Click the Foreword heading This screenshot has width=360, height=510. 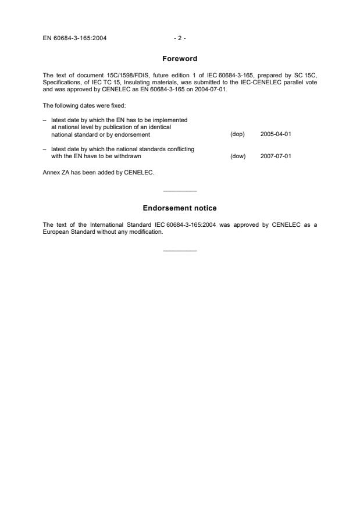180,59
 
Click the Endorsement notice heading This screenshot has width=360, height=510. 180,208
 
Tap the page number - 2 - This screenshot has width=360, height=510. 180,39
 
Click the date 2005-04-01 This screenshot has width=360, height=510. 276,134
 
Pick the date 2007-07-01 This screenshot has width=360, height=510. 276,156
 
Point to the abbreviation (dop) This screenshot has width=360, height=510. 237,134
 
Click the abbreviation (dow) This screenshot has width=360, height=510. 238,156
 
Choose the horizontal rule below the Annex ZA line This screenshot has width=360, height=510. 180,191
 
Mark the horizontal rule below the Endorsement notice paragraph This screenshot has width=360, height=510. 180,251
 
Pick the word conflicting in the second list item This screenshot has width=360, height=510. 180,149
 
